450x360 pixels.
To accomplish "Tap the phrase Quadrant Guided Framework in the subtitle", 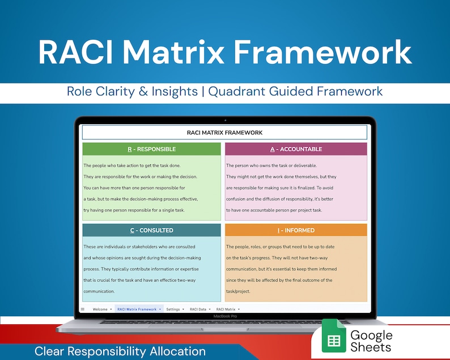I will (x=295, y=91).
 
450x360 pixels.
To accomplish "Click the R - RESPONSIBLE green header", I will (x=151, y=149).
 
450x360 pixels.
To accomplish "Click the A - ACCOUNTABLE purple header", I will (x=296, y=149).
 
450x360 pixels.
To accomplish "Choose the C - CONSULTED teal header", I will (x=151, y=230).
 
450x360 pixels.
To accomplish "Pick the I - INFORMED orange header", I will (x=296, y=230).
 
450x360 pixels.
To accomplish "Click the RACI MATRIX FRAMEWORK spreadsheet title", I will (x=224, y=133).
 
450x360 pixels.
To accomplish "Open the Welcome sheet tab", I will (x=100, y=309).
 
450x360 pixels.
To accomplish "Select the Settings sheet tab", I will (x=173, y=309).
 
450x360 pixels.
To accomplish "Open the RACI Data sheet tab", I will (x=198, y=309).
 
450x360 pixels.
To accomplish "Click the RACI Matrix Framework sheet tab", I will (x=137, y=309).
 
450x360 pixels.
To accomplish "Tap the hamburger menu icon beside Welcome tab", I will (x=83, y=309).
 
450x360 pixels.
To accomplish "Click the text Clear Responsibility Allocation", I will (x=120, y=351).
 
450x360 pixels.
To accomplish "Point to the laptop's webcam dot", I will (x=225, y=120).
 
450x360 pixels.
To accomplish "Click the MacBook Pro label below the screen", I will (x=224, y=316).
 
